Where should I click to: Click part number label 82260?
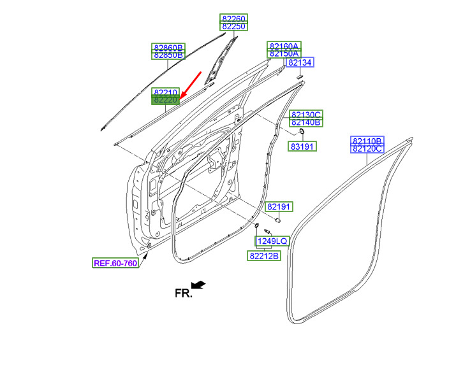click(x=233, y=18)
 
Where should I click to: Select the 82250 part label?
click(x=233, y=27)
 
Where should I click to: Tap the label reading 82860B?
click(x=168, y=47)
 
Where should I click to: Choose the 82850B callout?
click(x=168, y=55)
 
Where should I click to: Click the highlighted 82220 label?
click(x=165, y=100)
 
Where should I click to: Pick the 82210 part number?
click(x=165, y=92)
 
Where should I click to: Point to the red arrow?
click(x=191, y=85)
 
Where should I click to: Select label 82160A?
click(x=284, y=46)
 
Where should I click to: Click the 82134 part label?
click(x=300, y=62)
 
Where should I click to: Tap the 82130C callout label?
click(x=306, y=115)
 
